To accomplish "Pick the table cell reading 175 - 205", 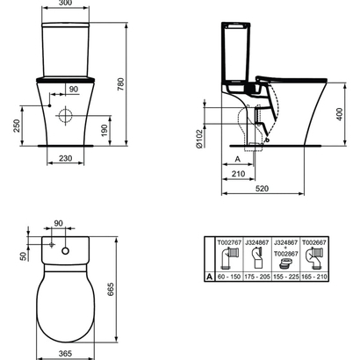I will click(256, 277).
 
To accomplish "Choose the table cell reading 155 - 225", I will click(285, 277).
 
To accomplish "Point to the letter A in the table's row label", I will click(209, 277).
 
